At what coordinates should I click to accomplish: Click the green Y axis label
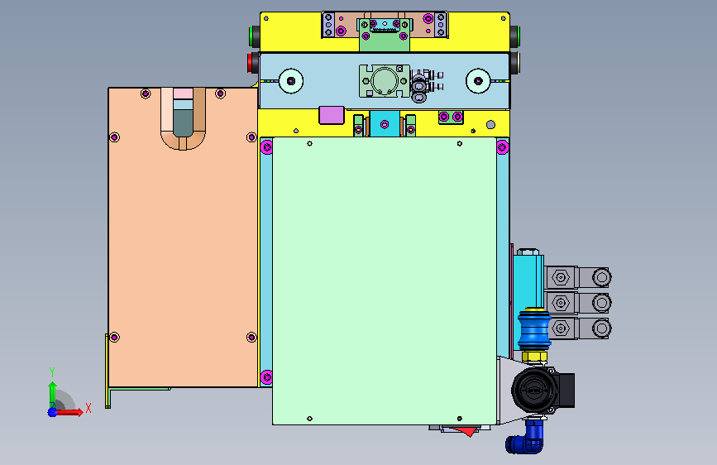point(52,372)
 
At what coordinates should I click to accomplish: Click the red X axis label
point(88,408)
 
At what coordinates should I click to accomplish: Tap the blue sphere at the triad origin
point(53,412)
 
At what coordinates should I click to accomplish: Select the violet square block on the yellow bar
point(332,115)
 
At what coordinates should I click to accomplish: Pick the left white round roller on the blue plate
point(291,81)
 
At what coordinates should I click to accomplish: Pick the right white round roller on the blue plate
point(478,81)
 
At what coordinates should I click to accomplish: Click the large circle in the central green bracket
point(385,81)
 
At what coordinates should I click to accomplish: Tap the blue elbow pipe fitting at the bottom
point(526,439)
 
